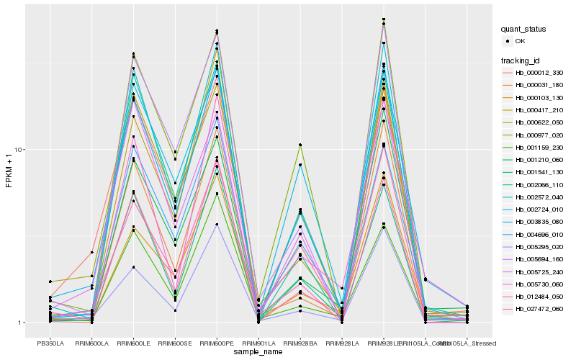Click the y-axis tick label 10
[20, 150]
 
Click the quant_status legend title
[523, 30]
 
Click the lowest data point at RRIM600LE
[133, 267]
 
